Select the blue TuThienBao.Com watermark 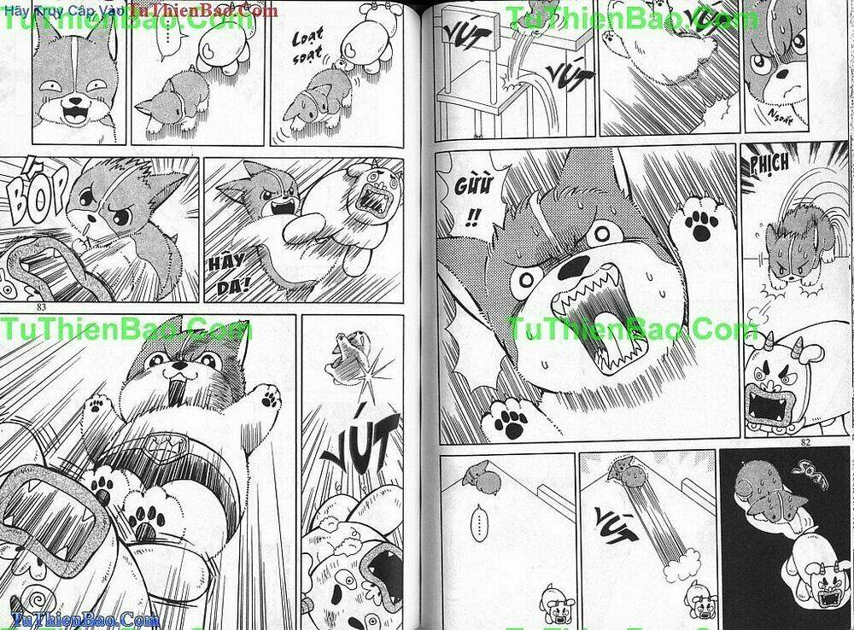pyautogui.click(x=81, y=620)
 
